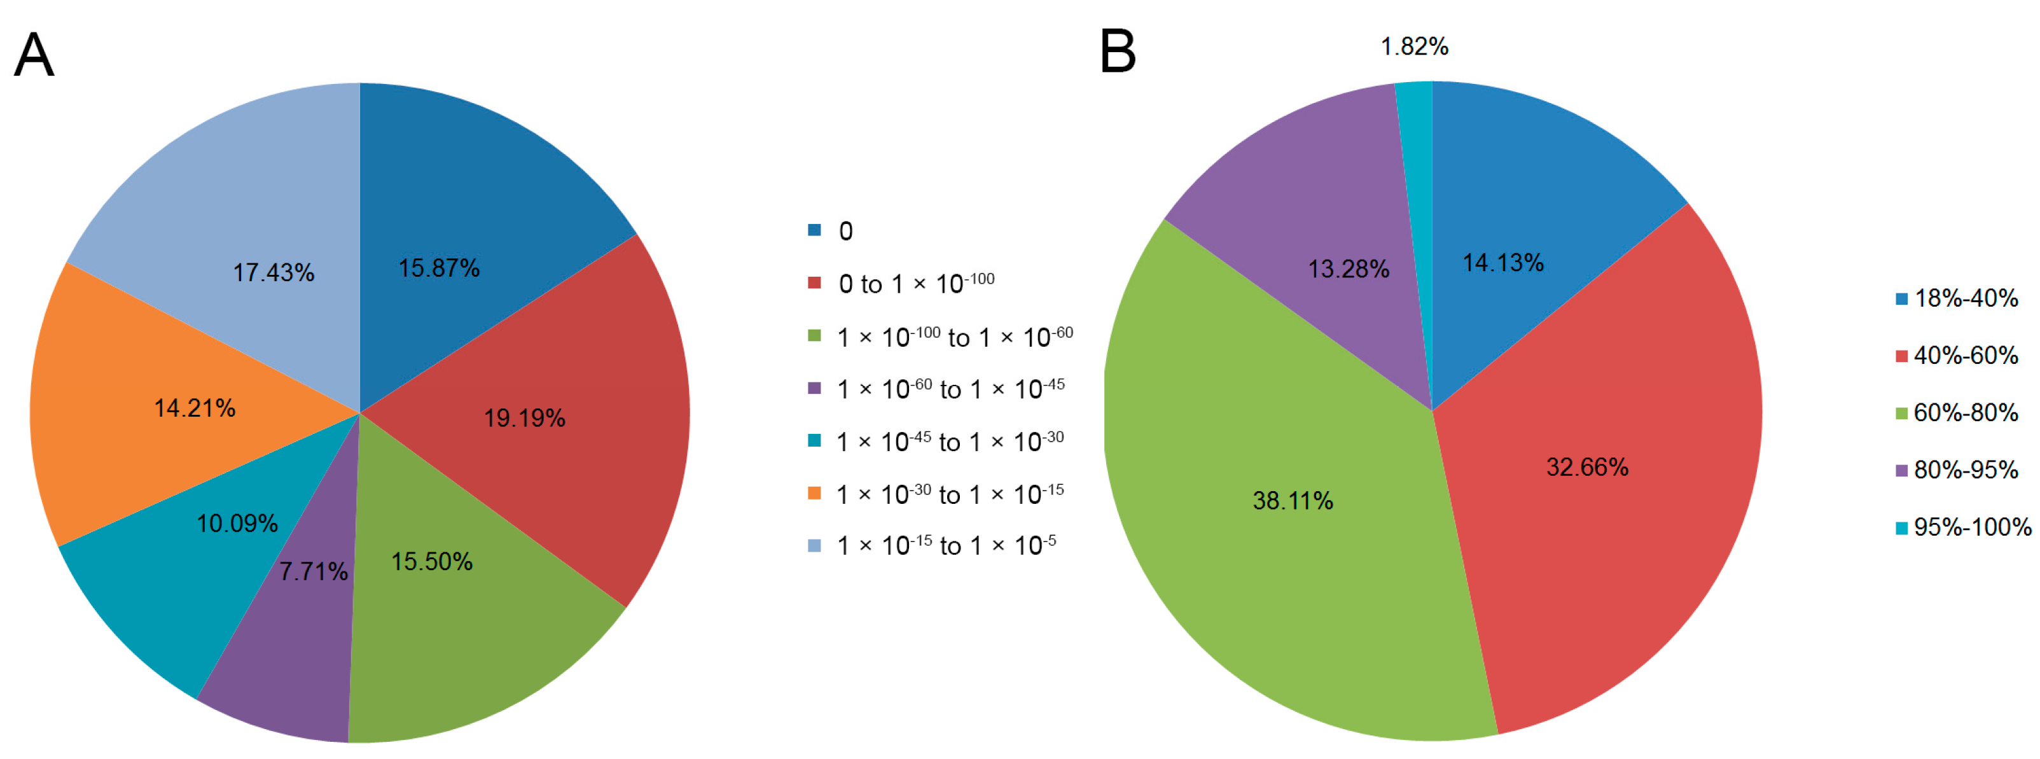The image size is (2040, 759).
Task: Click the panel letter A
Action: coord(34,55)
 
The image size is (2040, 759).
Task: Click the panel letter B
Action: coord(1118,52)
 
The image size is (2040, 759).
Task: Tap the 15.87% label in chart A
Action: coord(439,268)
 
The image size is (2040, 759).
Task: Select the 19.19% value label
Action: coord(524,419)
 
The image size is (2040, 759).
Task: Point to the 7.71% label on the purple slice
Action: coord(313,571)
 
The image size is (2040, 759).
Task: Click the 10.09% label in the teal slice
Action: coord(237,524)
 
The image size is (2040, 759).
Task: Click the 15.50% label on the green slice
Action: coord(431,562)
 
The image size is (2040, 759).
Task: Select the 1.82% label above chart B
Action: coord(1413,46)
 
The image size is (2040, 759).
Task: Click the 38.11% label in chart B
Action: coord(1293,501)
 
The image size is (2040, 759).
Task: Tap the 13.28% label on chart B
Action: coord(1348,269)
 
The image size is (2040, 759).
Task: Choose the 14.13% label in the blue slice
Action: coord(1502,263)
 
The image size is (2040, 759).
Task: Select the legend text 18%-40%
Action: coord(1966,298)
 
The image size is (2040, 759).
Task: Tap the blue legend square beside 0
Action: coord(814,230)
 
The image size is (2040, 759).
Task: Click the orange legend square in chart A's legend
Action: coord(814,494)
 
